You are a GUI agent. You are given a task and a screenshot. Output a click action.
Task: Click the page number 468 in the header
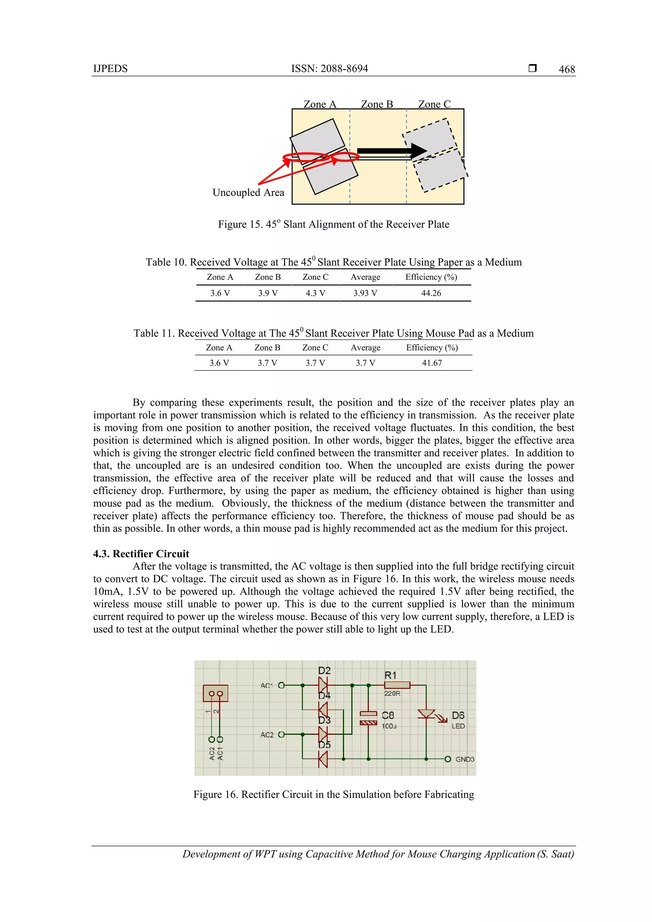(x=566, y=69)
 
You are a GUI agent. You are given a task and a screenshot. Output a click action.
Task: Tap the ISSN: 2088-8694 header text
(x=329, y=69)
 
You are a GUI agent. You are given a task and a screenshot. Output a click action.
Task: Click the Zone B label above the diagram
(x=377, y=104)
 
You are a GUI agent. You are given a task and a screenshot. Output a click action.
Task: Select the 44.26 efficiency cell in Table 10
(x=431, y=294)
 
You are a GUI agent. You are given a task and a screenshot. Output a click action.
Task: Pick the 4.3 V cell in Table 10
(x=315, y=294)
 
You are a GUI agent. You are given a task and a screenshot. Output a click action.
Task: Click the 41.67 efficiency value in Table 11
(x=432, y=363)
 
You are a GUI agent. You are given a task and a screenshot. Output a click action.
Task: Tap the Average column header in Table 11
(x=365, y=348)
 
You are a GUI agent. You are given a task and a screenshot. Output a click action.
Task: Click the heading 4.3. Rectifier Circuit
(x=141, y=554)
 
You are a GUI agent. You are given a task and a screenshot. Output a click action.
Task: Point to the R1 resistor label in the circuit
(x=390, y=676)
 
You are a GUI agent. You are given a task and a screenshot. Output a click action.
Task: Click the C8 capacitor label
(x=388, y=715)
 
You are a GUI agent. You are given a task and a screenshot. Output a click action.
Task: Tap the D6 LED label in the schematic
(x=458, y=715)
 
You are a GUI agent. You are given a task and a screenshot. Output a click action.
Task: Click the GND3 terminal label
(x=464, y=759)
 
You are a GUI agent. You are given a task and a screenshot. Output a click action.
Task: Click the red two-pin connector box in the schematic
(x=216, y=693)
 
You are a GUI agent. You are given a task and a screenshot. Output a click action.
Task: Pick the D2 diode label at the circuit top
(x=324, y=670)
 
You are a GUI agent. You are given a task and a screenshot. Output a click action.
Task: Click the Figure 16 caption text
(x=334, y=795)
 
